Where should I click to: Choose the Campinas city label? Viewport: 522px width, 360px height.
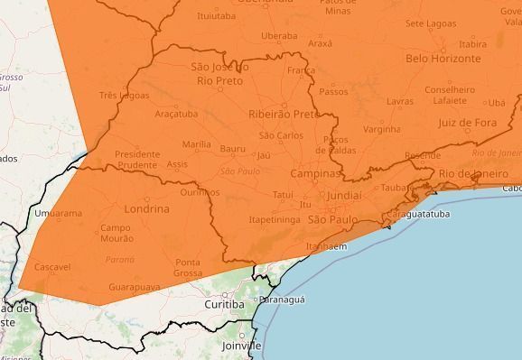pyautogui.click(x=315, y=172)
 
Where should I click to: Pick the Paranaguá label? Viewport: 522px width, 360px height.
pyautogui.click(x=282, y=300)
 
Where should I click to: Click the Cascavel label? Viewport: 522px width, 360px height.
pyautogui.click(x=52, y=268)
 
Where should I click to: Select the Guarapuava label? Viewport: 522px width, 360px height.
pyautogui.click(x=134, y=286)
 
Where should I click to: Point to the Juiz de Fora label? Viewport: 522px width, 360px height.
pyautogui.click(x=467, y=122)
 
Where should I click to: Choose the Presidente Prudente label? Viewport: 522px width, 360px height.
pyautogui.click(x=137, y=160)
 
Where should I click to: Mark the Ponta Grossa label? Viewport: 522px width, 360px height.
pyautogui.click(x=188, y=267)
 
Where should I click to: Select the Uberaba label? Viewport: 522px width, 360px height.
pyautogui.click(x=279, y=36)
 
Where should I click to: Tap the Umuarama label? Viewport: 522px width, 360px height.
pyautogui.click(x=57, y=214)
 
